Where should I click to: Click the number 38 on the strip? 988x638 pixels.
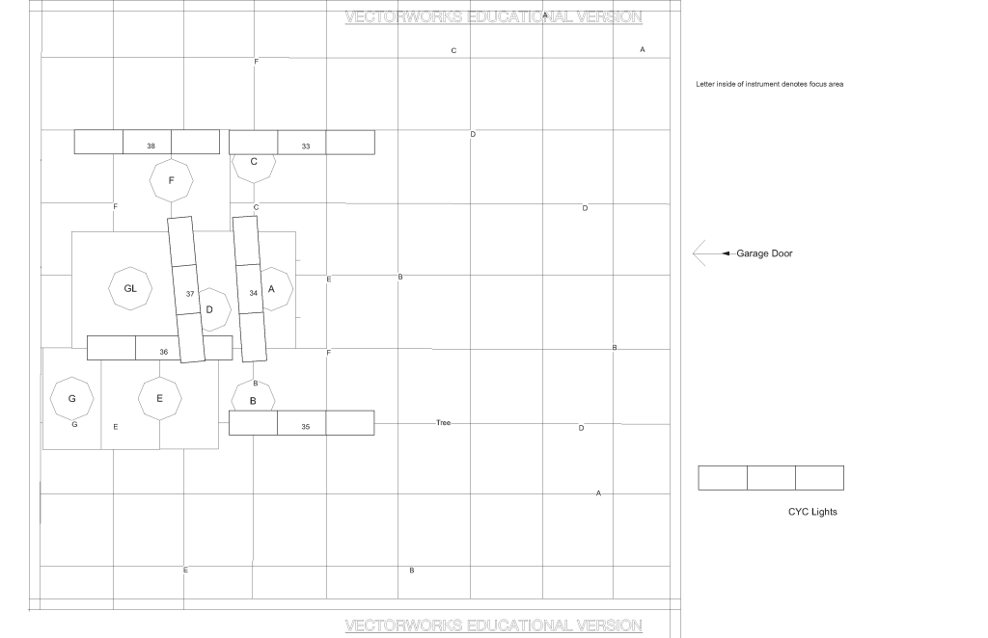click(151, 146)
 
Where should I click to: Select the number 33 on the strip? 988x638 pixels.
click(306, 146)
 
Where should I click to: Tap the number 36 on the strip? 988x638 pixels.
click(164, 352)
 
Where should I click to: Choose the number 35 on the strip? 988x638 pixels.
click(306, 427)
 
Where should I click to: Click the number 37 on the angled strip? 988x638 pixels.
click(190, 294)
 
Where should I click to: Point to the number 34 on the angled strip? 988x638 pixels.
click(254, 293)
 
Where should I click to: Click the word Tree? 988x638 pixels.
click(444, 423)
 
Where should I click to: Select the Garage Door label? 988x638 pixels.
click(764, 253)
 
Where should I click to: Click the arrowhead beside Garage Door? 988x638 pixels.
click(726, 253)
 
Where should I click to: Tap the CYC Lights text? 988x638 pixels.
click(812, 512)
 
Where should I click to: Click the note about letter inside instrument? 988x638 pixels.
click(769, 84)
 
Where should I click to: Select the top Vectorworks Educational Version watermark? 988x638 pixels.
click(493, 17)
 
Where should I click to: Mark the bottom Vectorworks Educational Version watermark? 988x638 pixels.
click(493, 625)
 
